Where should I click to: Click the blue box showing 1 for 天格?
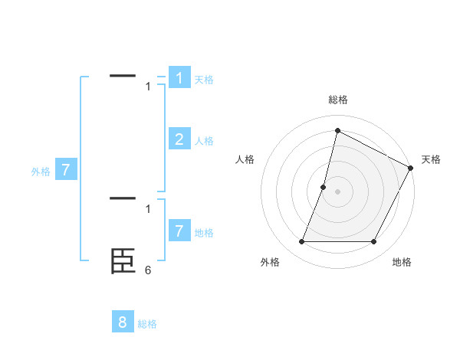tap(179, 78)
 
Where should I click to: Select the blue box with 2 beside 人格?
tap(179, 139)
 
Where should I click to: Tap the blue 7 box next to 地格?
tap(179, 231)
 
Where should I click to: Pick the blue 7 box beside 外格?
tap(66, 170)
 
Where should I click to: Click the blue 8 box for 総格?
tap(123, 322)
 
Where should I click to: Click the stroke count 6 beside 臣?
tap(148, 270)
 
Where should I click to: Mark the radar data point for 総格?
tap(337, 130)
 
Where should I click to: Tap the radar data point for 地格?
tap(374, 242)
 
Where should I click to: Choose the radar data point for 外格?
tap(301, 242)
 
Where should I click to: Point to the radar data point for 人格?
tap(324, 187)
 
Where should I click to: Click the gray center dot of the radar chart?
tap(337, 191)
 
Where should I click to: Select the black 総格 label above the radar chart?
tap(337, 100)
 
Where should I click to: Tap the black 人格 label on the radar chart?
tap(245, 159)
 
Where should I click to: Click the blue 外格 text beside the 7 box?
tap(41, 172)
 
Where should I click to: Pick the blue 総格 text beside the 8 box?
tap(147, 324)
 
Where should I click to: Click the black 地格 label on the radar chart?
tap(402, 262)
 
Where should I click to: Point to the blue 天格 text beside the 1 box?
tap(204, 80)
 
